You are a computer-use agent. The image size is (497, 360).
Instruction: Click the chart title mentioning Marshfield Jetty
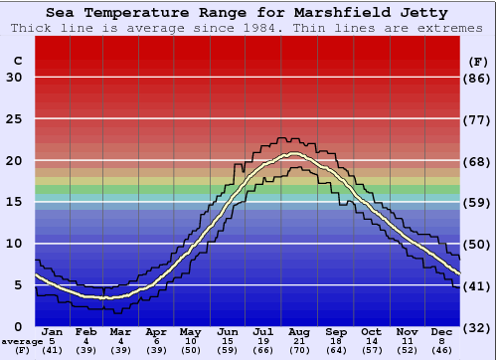pos(248,13)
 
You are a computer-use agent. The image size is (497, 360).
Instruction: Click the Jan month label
pos(53,331)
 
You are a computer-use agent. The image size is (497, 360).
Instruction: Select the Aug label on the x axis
pos(300,331)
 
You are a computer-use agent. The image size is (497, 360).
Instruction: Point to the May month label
pos(190,331)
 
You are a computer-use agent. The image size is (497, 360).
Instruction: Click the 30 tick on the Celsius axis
pos(15,79)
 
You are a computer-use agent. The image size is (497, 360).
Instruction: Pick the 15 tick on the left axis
pos(15,203)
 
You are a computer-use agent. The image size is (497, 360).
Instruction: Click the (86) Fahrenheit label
pos(478,79)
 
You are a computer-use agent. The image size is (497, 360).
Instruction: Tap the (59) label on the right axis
pos(478,203)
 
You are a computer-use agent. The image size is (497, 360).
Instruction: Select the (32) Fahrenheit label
pos(478,327)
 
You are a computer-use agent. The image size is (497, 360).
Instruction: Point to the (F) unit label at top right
pos(477,62)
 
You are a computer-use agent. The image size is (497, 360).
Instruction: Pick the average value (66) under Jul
pos(264,350)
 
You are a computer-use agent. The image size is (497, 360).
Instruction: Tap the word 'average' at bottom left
pos(22,341)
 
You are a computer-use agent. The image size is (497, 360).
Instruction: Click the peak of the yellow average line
pos(295,154)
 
